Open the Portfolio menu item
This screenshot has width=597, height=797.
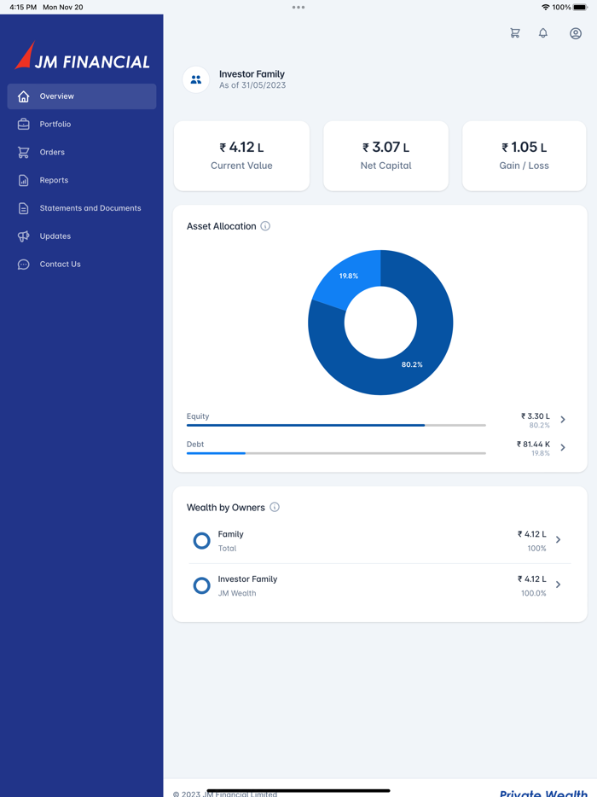(55, 125)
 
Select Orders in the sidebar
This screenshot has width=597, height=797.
(52, 153)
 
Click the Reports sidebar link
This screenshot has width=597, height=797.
(54, 180)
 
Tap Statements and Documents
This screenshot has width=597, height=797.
(90, 208)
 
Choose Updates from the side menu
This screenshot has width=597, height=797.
(55, 236)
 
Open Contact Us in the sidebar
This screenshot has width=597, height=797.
(60, 265)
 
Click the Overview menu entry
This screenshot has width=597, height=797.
(57, 96)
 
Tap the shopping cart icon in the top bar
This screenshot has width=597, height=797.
(515, 33)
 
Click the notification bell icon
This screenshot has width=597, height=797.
(543, 33)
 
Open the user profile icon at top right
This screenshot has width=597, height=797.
(576, 33)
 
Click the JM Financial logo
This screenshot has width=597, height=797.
(83, 57)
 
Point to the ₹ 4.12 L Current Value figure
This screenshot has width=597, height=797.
(241, 148)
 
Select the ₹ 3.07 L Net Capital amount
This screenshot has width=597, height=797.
(385, 148)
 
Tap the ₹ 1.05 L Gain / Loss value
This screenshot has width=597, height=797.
(525, 148)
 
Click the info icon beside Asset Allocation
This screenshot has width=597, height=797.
(265, 226)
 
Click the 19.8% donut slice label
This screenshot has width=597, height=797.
(349, 276)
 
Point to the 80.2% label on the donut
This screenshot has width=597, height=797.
(412, 364)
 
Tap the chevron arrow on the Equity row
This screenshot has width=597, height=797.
(563, 420)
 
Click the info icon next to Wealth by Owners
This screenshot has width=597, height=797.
(275, 508)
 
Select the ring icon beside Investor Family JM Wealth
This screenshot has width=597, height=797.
(202, 585)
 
